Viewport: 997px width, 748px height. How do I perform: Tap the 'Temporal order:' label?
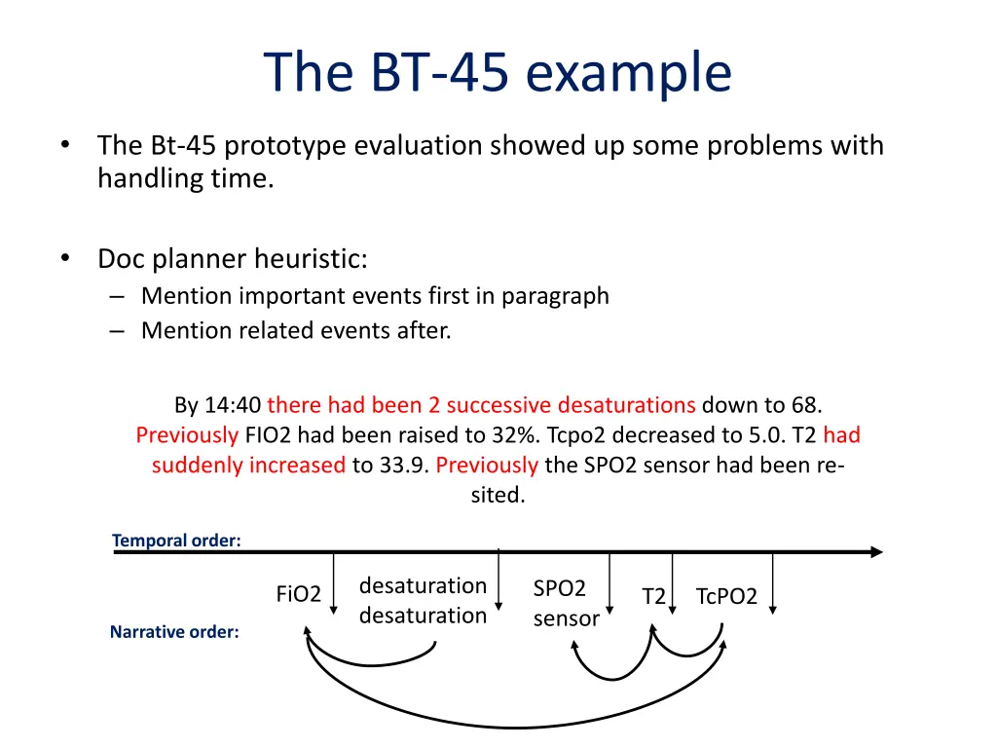click(x=176, y=541)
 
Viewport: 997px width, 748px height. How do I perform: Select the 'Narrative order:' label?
click(x=174, y=632)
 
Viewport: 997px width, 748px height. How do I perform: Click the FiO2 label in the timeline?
click(x=298, y=594)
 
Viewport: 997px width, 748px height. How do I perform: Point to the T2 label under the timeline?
click(x=653, y=597)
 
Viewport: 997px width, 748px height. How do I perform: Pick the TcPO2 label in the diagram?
click(x=726, y=597)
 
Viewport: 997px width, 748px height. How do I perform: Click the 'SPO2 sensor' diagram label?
click(x=565, y=603)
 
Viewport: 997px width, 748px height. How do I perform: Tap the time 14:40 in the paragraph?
click(x=233, y=405)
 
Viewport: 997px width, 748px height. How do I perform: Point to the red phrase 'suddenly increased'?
click(x=248, y=465)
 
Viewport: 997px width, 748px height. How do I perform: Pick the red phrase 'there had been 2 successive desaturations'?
click(x=481, y=405)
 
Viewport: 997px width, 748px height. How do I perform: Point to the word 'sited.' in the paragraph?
click(x=498, y=495)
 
